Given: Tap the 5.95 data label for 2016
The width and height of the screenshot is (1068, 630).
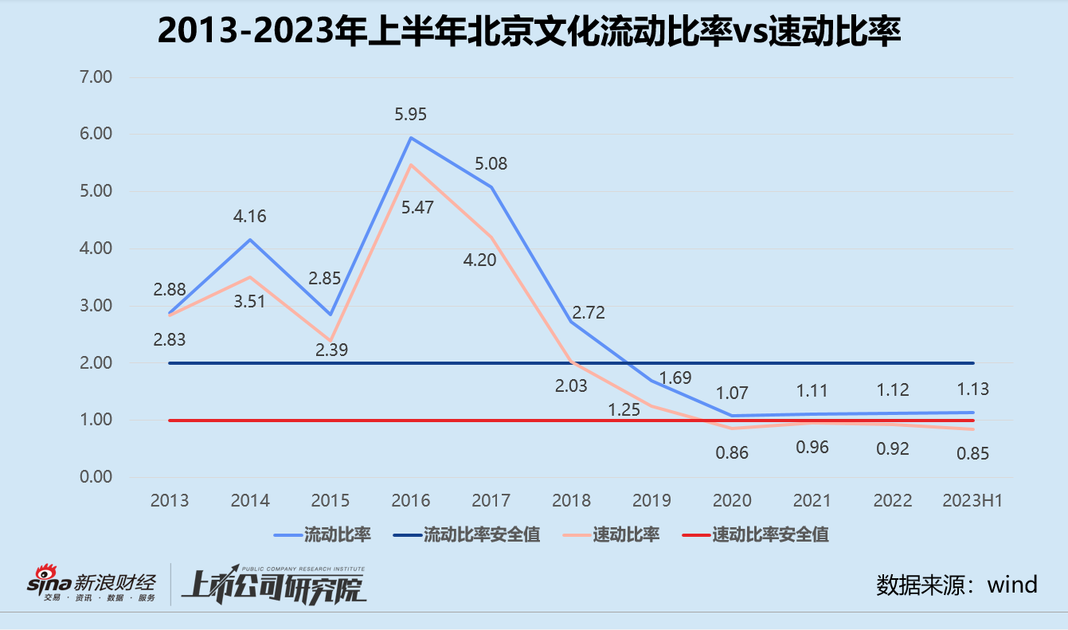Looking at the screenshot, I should click(411, 115).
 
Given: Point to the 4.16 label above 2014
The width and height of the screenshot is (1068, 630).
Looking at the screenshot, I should click(250, 216).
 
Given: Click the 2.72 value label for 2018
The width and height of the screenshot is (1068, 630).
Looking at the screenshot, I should click(589, 312).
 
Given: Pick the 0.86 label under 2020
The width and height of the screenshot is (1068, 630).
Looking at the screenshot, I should click(732, 452).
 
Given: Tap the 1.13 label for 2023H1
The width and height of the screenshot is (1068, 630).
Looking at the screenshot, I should click(973, 389).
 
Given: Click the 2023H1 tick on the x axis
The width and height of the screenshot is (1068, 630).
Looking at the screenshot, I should click(972, 501).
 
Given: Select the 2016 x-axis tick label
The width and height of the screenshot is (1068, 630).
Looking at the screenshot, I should click(411, 501).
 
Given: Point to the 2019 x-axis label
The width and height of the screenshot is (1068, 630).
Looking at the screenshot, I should click(651, 501).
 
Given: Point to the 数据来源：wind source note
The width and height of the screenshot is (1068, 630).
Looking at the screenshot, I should click(957, 585).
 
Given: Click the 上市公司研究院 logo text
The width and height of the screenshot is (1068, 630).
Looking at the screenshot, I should click(275, 587).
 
